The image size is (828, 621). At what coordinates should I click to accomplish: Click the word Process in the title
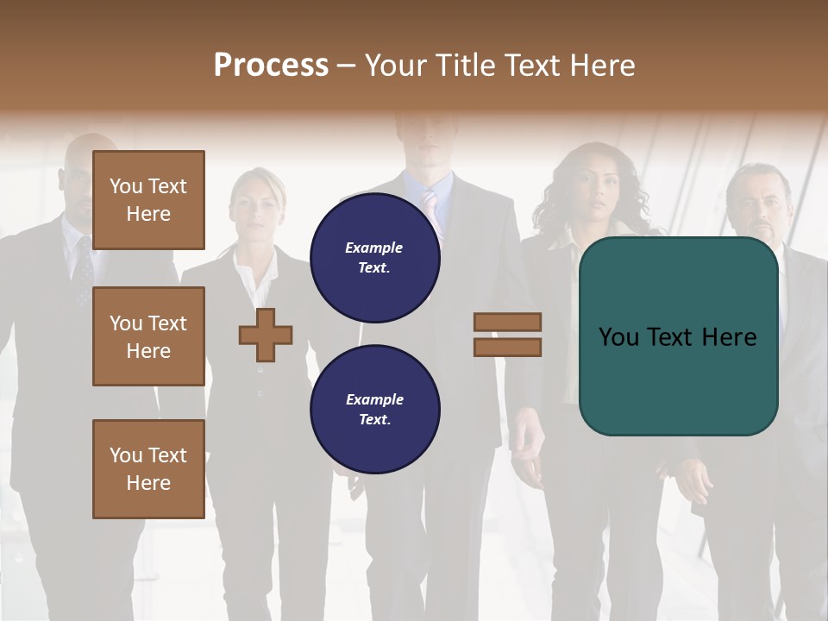(x=271, y=66)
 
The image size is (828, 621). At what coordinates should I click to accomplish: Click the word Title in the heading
(x=465, y=66)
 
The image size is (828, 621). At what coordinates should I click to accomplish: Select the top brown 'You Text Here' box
(x=148, y=200)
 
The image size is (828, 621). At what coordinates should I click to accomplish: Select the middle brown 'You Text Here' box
(x=148, y=336)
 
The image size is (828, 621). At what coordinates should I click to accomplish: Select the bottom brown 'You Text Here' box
(x=148, y=469)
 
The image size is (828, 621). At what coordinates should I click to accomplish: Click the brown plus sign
(x=266, y=335)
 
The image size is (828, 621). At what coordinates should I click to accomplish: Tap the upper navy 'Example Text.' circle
(x=375, y=258)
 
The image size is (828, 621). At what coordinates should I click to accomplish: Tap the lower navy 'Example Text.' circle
(x=375, y=410)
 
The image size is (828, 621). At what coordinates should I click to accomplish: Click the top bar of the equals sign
(x=507, y=322)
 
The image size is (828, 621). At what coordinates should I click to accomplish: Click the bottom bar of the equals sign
(x=507, y=347)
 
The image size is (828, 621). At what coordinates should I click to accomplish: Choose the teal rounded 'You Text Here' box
(x=678, y=336)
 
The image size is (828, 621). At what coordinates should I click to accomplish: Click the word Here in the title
(x=600, y=66)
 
